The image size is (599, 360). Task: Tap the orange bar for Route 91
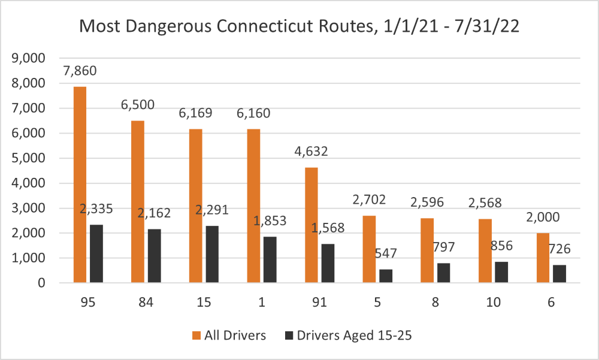pyautogui.click(x=311, y=225)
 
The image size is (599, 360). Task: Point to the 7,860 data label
pyautogui.click(x=80, y=71)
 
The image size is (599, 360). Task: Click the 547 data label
pyautogui.click(x=386, y=255)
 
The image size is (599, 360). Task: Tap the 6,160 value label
pyautogui.click(x=254, y=113)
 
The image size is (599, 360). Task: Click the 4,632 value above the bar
pyautogui.click(x=311, y=152)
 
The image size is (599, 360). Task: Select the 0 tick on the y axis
pyautogui.click(x=41, y=283)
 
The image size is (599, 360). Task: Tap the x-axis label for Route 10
pyautogui.click(x=493, y=303)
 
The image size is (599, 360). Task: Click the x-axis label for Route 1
pyautogui.click(x=261, y=303)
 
